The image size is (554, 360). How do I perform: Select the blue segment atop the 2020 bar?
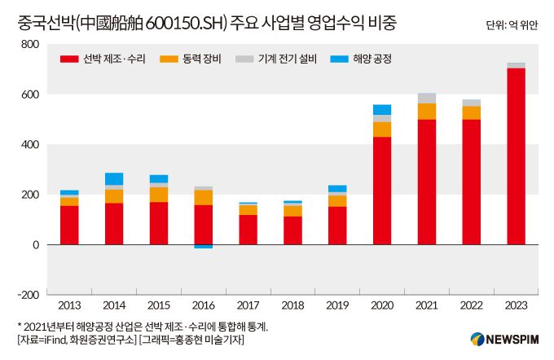coord(381,110)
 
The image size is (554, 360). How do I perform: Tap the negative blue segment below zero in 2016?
coord(204,246)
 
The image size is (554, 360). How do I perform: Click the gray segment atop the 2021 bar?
coord(426,99)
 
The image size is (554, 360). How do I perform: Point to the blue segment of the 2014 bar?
coord(114,179)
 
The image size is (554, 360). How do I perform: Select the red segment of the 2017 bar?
coord(248,230)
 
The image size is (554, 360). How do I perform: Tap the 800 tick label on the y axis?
coord(30,45)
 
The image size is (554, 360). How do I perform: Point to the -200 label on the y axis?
coord(29,295)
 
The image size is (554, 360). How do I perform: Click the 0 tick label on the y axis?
coord(35,245)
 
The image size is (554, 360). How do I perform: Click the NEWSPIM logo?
coord(503,340)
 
